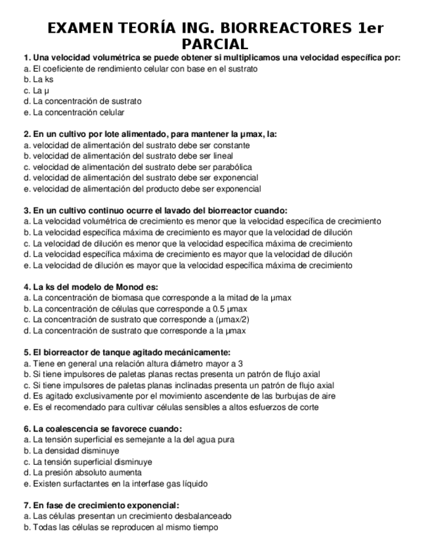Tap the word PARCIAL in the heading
[215, 44]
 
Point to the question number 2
[26, 134]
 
